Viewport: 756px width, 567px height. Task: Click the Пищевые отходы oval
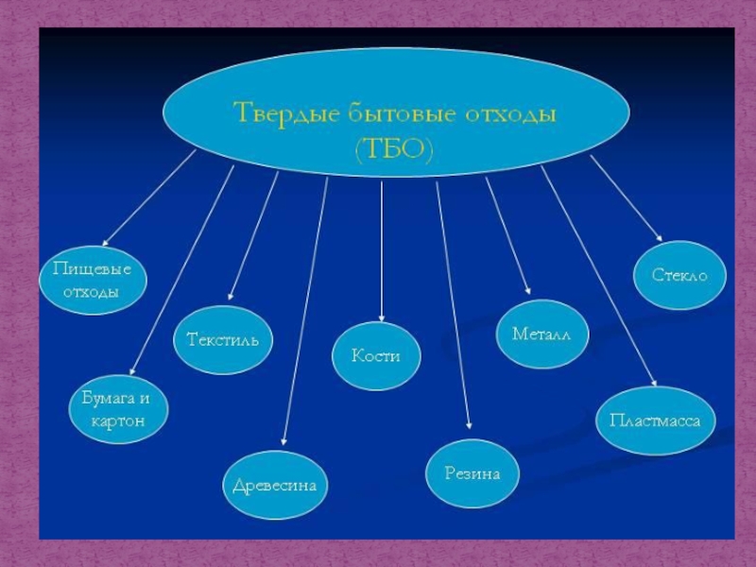click(92, 281)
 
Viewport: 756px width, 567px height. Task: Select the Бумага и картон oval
click(118, 410)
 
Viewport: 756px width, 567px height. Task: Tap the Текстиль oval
click(223, 339)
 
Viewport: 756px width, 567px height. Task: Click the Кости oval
click(376, 355)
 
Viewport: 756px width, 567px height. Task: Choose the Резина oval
click(472, 473)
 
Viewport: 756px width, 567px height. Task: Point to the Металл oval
click(542, 335)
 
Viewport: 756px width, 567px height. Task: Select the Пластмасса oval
click(655, 420)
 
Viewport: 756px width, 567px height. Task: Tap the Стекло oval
click(679, 275)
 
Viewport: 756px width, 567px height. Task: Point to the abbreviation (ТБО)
click(394, 149)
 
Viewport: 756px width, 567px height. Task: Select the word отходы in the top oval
click(512, 114)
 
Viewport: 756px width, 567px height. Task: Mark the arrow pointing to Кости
click(382, 250)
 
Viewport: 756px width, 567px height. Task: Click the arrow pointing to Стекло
click(626, 198)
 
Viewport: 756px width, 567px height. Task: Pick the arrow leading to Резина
click(453, 302)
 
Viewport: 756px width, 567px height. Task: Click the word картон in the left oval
click(118, 421)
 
